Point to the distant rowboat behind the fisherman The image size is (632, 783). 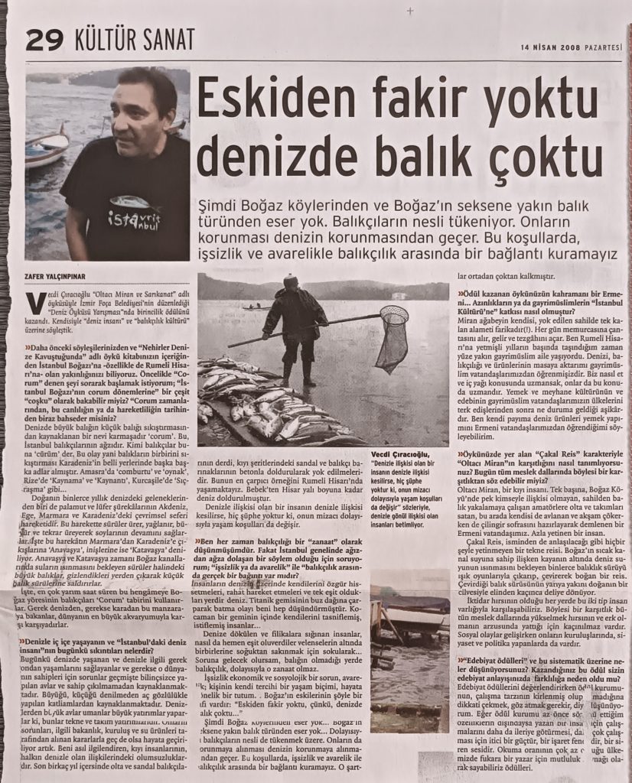[256, 308]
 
